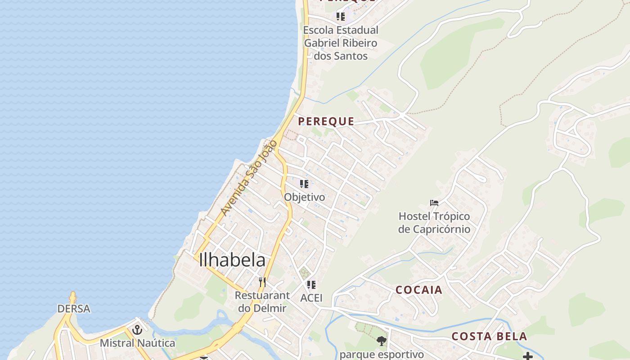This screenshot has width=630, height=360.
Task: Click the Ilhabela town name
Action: coord(232,260)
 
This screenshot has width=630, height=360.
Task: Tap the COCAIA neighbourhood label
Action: coord(419,290)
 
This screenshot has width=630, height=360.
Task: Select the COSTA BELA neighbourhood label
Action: coord(489,336)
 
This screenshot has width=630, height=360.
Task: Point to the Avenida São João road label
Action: coord(249,178)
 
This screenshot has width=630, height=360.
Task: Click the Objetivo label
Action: coord(304,197)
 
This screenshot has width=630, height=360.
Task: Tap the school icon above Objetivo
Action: coord(304,184)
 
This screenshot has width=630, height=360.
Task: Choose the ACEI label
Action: coord(311,297)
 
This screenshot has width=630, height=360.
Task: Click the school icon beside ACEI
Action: coord(311,285)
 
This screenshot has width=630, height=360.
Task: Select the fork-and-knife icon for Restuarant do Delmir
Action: coord(262,282)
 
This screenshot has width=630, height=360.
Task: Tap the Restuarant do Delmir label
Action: coord(262,302)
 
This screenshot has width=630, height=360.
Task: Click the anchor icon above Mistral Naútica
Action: coord(137,330)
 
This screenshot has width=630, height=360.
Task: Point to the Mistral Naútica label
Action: coord(137,343)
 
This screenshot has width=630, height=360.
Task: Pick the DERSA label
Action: coord(74,309)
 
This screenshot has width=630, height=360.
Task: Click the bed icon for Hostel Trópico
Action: coord(434,203)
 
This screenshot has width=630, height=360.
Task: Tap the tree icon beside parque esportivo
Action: coord(382,341)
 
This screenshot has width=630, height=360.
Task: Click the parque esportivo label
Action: coord(382,354)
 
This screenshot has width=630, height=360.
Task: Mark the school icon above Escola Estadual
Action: coord(341,17)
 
